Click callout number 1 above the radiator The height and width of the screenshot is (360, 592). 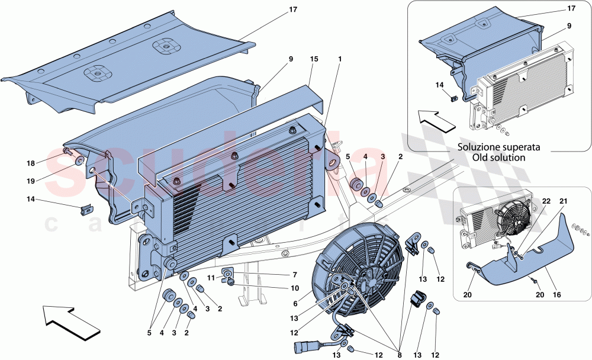click(x=339, y=60)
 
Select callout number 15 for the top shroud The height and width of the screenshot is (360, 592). click(x=314, y=60)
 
